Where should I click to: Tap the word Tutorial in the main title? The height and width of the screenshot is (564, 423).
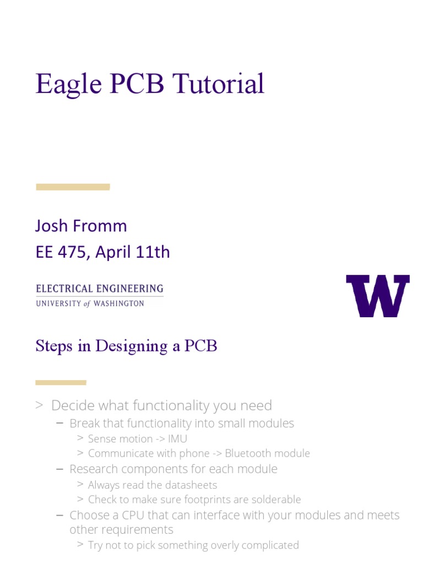[x=218, y=84]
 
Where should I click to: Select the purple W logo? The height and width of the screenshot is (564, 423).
[x=378, y=296]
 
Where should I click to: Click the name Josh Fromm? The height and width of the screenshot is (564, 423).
[x=81, y=226]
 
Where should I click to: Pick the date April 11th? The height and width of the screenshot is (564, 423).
[x=133, y=252]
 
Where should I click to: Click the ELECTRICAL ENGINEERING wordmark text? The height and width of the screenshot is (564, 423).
[x=99, y=289]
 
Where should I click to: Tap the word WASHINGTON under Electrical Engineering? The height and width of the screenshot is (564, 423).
[x=118, y=303]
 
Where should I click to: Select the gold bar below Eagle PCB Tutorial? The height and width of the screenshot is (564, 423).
[x=73, y=187]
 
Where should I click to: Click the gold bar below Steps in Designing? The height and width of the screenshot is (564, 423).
[x=61, y=382]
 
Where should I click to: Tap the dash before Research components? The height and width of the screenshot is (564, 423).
[x=60, y=469]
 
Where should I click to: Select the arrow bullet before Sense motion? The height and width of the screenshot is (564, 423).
[x=80, y=438]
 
